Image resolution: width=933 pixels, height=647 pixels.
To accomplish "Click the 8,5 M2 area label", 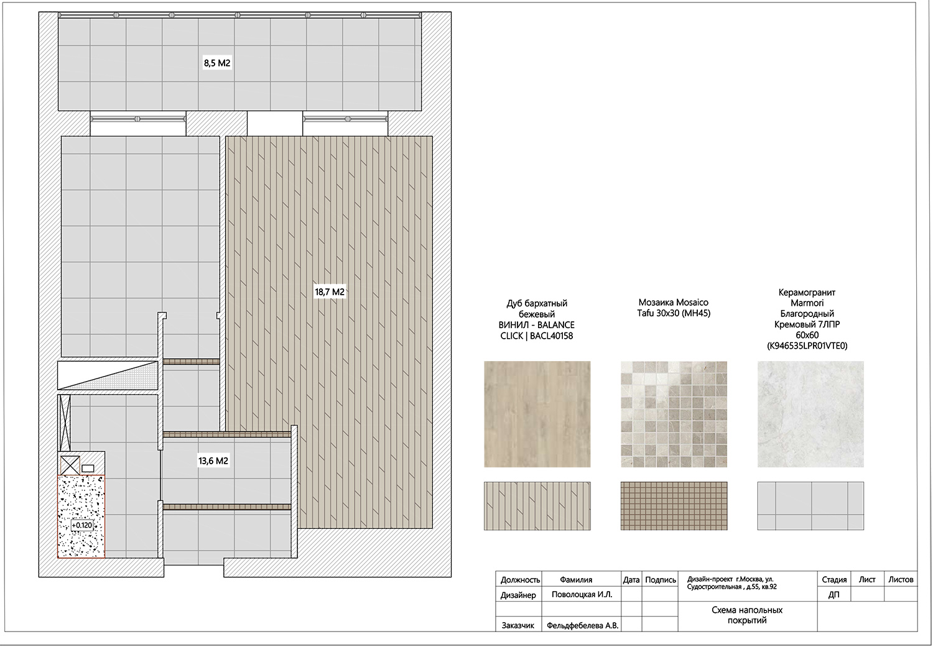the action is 217,63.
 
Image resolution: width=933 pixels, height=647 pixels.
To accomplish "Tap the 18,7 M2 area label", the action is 330,292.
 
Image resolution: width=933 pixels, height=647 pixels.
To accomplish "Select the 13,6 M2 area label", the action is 213,461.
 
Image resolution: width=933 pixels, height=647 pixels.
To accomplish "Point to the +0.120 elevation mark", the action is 81,525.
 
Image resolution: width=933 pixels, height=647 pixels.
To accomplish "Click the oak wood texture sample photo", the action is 537,414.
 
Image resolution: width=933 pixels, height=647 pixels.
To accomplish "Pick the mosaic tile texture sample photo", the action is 674,414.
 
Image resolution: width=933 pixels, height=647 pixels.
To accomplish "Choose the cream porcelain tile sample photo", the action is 810,414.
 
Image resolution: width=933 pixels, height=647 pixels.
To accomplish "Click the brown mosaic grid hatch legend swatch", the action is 674,505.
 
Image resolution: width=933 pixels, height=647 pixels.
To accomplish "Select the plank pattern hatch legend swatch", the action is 537,505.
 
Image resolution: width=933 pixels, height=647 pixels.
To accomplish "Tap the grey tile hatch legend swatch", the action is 810,505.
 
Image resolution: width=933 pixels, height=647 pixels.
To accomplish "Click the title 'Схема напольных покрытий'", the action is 747,615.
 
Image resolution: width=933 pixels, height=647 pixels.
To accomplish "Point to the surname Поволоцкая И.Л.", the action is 582,594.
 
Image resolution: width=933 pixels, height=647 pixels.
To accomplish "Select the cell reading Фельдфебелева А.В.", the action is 582,625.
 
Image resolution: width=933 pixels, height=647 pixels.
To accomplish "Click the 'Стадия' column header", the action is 834,579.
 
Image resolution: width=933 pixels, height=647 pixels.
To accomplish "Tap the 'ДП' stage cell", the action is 833,595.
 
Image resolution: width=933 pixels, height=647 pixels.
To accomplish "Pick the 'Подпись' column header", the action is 660,579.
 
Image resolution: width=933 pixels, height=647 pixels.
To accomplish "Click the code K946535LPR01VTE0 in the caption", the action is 807,346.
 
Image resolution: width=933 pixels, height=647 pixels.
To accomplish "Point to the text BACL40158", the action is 551,336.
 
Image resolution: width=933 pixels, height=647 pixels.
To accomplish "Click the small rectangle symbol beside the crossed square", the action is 88,469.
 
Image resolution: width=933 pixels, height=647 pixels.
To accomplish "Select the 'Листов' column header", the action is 901,579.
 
